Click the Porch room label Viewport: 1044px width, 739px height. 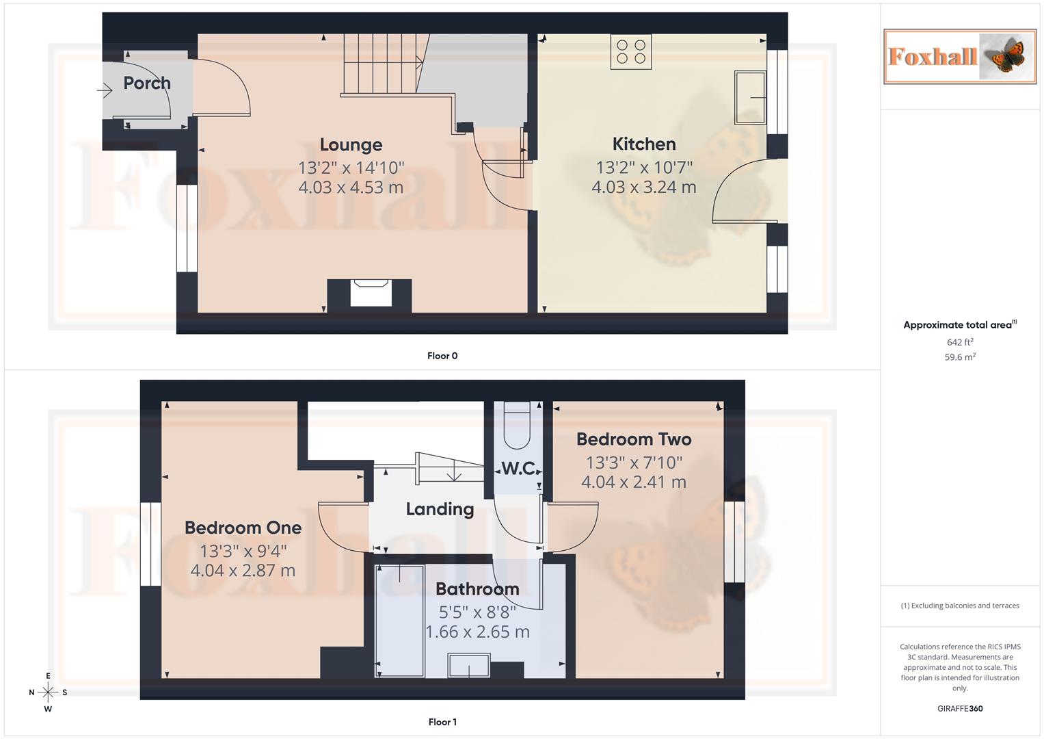(146, 83)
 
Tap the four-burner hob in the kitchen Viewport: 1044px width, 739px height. (630, 52)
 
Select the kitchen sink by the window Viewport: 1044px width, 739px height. (750, 97)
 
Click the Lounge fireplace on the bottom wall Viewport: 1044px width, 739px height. (370, 293)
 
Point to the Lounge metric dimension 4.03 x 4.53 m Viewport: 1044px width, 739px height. (350, 187)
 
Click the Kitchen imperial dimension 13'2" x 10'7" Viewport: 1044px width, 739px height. (643, 167)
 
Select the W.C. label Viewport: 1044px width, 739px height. (518, 469)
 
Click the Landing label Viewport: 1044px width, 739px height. (439, 509)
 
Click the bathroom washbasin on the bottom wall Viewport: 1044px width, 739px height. (468, 665)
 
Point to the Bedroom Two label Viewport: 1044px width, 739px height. (633, 439)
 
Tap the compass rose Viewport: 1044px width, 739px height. (48, 692)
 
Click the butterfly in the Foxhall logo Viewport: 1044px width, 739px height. (1006, 57)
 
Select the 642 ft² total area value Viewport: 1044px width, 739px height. (959, 342)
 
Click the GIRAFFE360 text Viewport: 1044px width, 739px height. (959, 708)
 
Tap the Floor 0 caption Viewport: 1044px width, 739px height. (442, 356)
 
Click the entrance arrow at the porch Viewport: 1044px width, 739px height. (105, 90)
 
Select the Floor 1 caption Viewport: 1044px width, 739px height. (442, 722)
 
